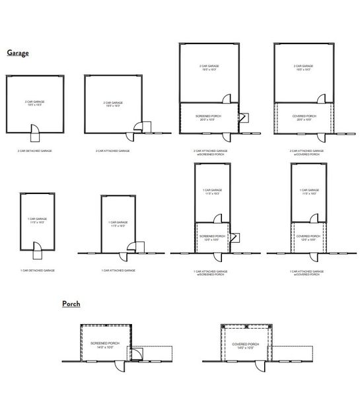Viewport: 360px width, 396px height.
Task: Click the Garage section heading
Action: tap(18, 52)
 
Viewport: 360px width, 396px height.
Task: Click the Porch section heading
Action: tap(71, 304)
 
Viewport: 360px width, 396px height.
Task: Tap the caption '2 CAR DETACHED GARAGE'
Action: tap(34, 151)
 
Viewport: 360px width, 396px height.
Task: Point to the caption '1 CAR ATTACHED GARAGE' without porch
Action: tap(118, 271)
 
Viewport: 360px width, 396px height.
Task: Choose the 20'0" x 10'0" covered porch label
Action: tap(305, 118)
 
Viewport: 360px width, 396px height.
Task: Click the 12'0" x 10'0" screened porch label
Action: tap(211, 238)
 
